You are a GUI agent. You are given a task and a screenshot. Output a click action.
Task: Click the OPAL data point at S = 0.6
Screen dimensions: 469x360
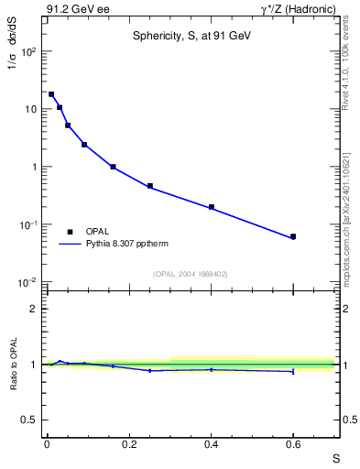tap(293, 236)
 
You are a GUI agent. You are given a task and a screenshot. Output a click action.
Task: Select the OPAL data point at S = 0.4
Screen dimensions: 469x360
tap(211, 207)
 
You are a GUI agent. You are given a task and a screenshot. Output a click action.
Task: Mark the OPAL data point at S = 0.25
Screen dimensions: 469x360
tap(149, 186)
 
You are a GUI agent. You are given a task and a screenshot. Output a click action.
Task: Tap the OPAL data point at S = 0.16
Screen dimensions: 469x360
tap(113, 167)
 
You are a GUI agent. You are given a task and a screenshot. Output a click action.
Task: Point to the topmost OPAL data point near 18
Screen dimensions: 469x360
tap(51, 94)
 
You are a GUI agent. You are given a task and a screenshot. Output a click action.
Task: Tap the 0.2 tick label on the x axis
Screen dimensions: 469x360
tap(128, 443)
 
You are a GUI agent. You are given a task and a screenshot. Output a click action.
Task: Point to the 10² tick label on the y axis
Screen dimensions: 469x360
tap(30, 51)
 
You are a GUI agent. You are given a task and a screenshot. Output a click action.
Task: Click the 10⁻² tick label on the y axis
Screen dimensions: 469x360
tap(30, 282)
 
